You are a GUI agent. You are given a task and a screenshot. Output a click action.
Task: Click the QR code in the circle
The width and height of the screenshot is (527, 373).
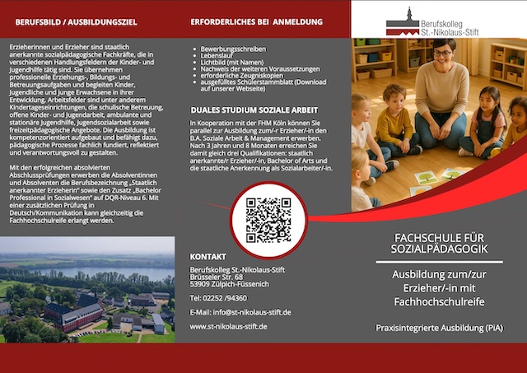click(x=268, y=220)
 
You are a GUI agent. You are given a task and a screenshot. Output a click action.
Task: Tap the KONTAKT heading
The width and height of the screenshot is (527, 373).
click(x=208, y=257)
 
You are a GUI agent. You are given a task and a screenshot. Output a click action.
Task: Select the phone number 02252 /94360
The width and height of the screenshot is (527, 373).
click(x=218, y=297)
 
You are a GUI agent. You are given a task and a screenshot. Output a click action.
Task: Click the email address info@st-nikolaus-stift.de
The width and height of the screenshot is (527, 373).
click(x=240, y=312)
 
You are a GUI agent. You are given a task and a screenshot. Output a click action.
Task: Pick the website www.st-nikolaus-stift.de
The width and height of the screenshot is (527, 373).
click(x=228, y=326)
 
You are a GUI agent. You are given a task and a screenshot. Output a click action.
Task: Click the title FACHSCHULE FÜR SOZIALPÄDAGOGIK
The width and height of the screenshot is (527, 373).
click(x=450, y=243)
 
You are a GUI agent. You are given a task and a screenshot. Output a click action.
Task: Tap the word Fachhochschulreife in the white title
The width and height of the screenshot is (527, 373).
click(x=450, y=302)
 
